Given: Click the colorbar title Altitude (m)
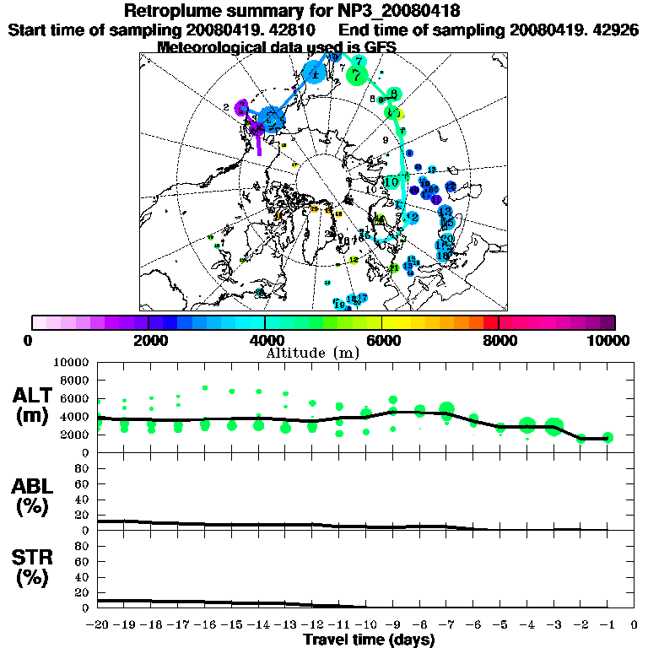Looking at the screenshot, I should click(x=313, y=352).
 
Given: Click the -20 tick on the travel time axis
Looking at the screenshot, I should click(x=98, y=625).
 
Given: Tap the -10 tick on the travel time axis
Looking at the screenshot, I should click(x=366, y=625).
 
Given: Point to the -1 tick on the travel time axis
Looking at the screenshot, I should click(x=607, y=625).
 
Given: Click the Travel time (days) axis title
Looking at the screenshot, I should click(x=369, y=640).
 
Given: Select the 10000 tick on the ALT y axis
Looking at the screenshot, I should click(x=72, y=362).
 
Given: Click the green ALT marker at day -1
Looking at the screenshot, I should click(x=607, y=437).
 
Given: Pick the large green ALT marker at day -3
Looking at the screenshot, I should click(x=553, y=427).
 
